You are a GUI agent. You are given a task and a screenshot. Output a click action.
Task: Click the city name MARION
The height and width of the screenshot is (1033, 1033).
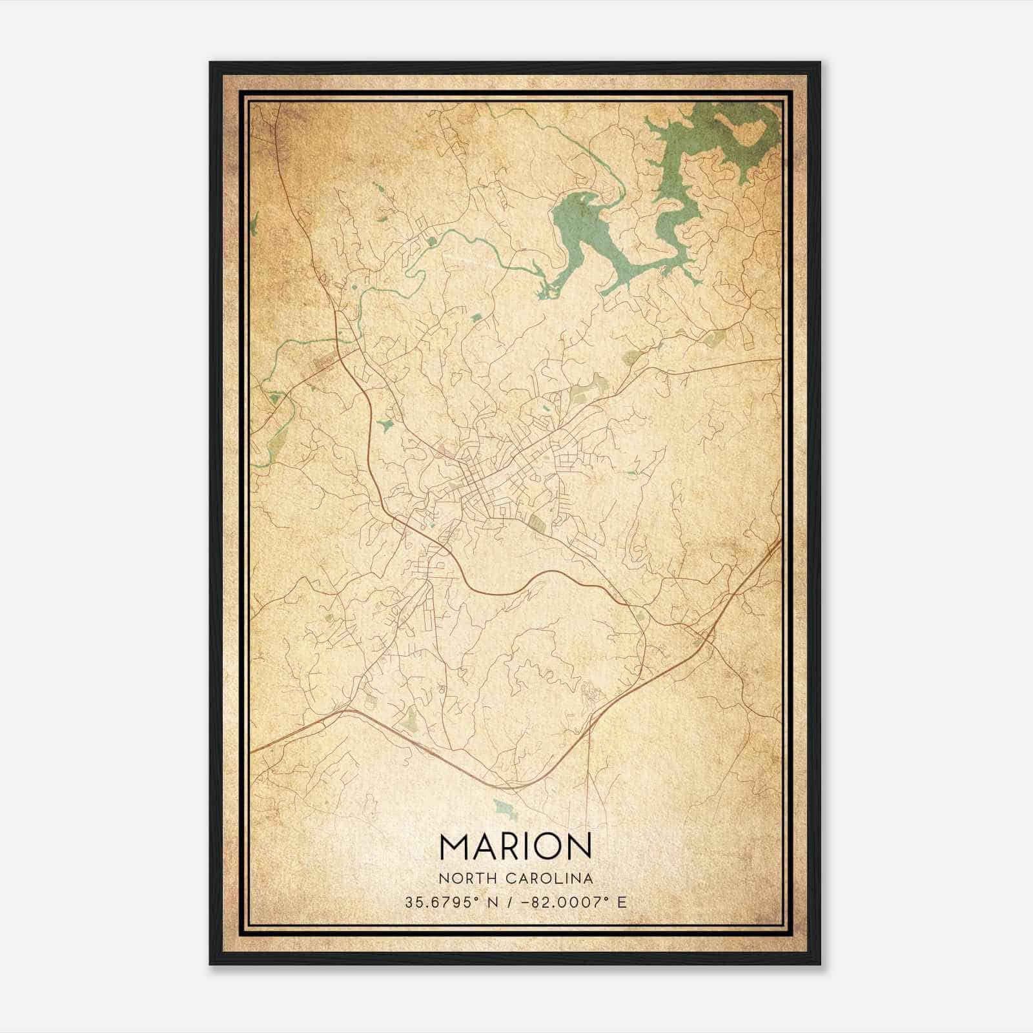point(515,846)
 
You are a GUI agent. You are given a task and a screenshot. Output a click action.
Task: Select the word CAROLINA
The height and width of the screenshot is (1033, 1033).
point(553,879)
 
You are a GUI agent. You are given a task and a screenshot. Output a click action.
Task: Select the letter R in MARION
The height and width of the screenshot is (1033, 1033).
point(507,846)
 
